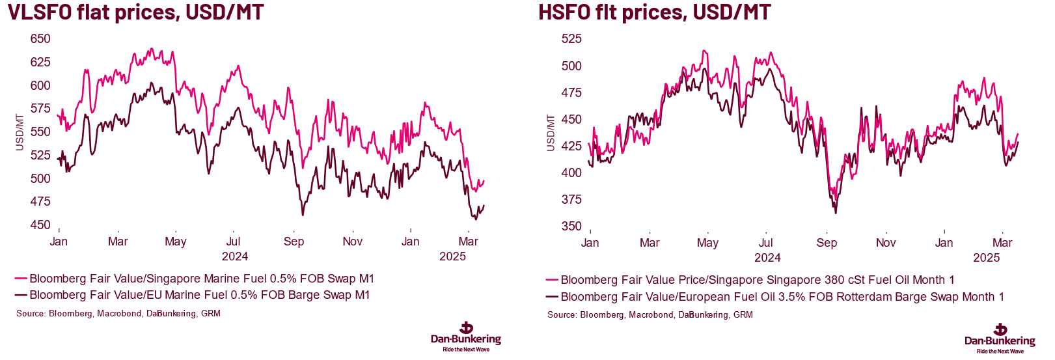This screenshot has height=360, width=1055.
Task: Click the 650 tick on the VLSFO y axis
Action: point(40,39)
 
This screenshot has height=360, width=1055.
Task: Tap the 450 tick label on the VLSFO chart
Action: point(40,225)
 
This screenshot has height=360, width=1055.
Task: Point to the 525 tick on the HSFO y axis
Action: point(571,39)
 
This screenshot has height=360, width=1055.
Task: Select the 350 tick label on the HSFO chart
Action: point(571,227)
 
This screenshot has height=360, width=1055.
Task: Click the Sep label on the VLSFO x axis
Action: point(294,242)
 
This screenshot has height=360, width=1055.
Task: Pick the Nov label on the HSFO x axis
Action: point(885,243)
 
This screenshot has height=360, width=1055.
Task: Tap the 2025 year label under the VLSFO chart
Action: point(452,256)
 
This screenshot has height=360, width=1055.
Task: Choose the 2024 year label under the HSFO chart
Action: point(767,258)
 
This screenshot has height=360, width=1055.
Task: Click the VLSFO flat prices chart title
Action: point(135,12)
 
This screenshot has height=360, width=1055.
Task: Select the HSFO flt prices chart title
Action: point(654,12)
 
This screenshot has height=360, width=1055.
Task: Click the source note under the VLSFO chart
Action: point(118,314)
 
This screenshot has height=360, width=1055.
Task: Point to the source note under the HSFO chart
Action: point(650,315)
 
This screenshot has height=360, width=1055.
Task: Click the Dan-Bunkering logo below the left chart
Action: point(466,337)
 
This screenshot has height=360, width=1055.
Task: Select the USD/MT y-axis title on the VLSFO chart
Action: point(20,132)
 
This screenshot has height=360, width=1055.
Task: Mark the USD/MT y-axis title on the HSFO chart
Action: point(551,133)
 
